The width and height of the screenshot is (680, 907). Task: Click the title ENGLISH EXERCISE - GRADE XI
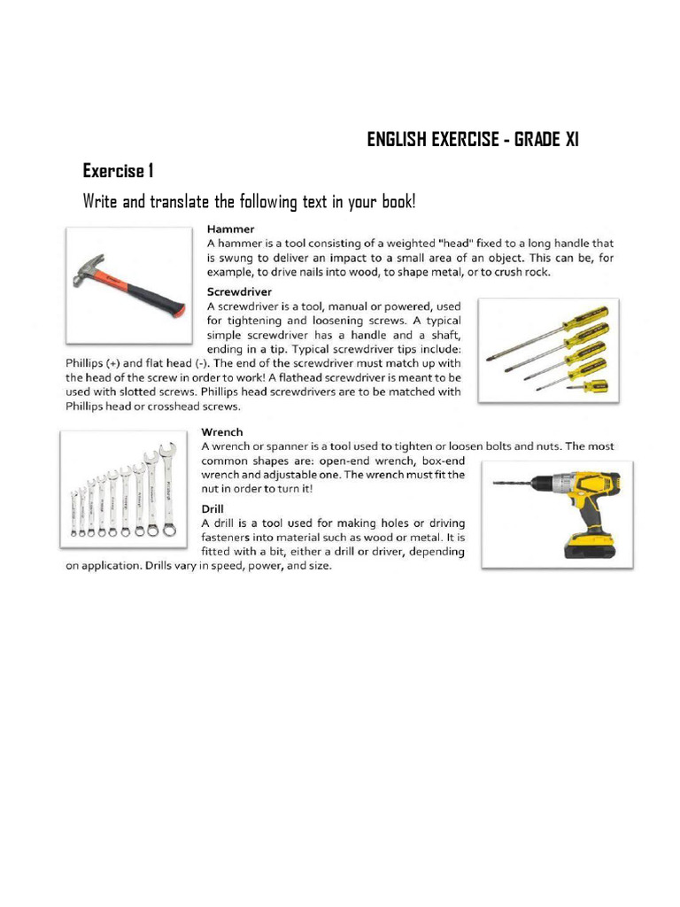pyautogui.click(x=473, y=141)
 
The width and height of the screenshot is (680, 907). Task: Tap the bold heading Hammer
pyautogui.click(x=230, y=228)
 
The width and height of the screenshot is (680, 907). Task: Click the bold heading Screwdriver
pyautogui.click(x=239, y=291)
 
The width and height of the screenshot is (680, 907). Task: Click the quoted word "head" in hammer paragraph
pyautogui.click(x=419, y=242)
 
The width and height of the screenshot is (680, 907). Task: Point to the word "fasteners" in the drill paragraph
pyautogui.click(x=236, y=538)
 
